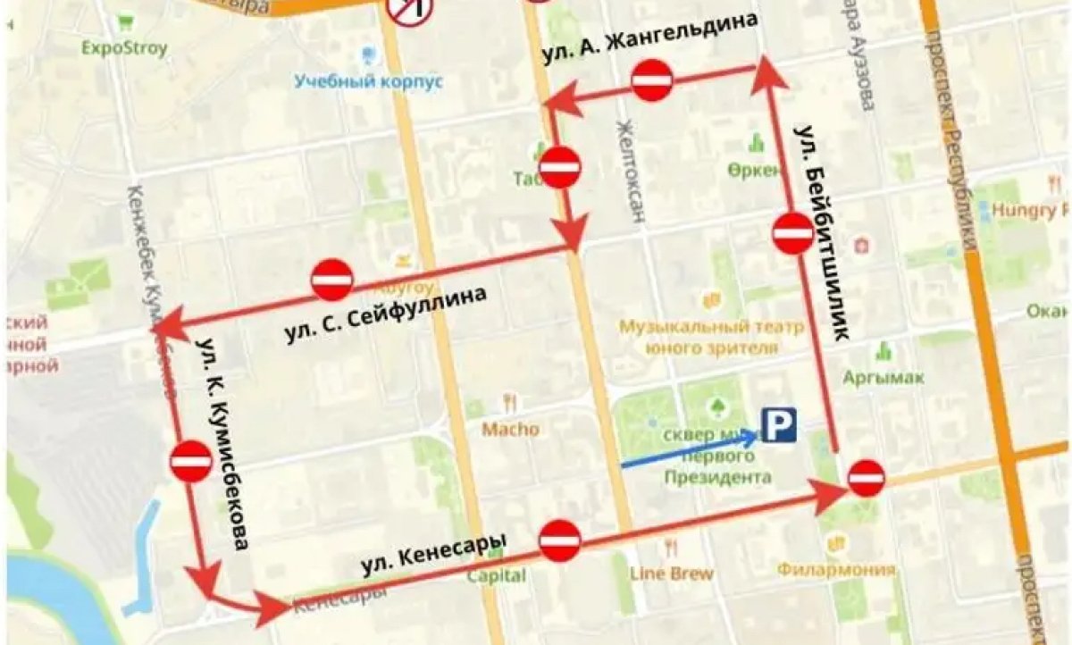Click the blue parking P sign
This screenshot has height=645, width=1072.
(778, 425)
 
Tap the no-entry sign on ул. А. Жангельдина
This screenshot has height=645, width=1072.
(651, 81)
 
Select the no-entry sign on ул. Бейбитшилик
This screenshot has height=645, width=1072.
(793, 233)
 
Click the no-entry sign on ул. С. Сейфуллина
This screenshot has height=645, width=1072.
(332, 280)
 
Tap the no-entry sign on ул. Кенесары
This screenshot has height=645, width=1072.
(560, 540)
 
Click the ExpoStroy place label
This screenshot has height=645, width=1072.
(124, 48)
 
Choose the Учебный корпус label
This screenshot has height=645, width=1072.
(369, 81)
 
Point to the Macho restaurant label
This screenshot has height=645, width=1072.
(511, 429)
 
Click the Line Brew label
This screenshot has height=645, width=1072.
(672, 573)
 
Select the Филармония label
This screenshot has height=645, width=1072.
(836, 569)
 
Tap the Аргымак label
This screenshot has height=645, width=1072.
(884, 377)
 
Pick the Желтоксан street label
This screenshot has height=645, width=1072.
(629, 171)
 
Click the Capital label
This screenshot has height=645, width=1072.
(496, 575)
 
